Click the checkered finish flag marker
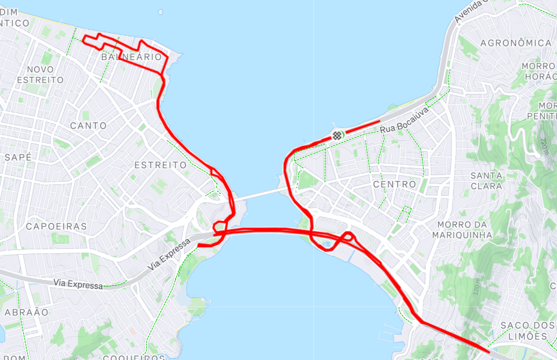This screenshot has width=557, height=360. click(x=337, y=135)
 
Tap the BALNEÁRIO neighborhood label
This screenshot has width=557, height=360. click(x=131, y=57)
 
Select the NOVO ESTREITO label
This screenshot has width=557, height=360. click(x=41, y=74)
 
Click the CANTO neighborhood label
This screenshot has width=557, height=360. click(x=89, y=125)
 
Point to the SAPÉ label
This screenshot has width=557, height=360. click(x=18, y=157)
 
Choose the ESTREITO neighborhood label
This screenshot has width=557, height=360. click(x=160, y=165)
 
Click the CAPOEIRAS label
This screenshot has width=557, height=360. click(x=56, y=226)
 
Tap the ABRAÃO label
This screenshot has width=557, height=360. click(x=26, y=312)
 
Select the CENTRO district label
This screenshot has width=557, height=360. click(x=395, y=184)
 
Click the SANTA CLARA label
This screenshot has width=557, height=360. click(x=487, y=180)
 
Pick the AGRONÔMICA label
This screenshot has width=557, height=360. click(x=516, y=43)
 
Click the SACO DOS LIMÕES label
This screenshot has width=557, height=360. click(x=528, y=330)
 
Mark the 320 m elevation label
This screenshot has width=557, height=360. click(x=477, y=286)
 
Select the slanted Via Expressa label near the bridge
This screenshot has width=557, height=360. click(x=170, y=254)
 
